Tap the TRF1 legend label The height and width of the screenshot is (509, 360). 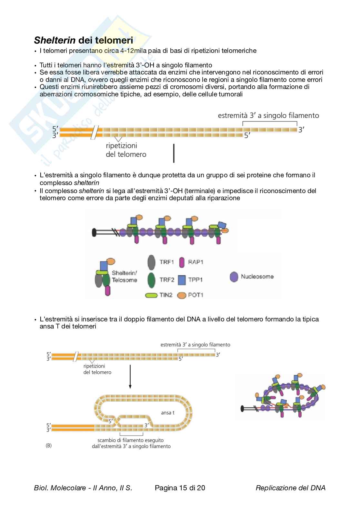(x=166, y=262)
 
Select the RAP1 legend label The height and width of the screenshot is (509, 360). (x=195, y=262)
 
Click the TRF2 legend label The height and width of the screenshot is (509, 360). (x=166, y=280)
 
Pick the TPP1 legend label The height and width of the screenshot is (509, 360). (x=195, y=280)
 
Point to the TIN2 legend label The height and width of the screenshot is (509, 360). (x=166, y=295)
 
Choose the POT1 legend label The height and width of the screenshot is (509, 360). (x=195, y=295)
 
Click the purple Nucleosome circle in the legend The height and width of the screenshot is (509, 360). (x=234, y=277)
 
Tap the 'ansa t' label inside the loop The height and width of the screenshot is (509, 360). (x=168, y=412)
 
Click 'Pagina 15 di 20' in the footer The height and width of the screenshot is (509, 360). (x=180, y=488)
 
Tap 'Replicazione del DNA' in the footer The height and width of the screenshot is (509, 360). (x=290, y=488)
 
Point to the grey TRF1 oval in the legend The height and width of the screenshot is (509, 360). (x=151, y=262)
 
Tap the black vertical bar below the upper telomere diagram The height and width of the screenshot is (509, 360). (x=174, y=153)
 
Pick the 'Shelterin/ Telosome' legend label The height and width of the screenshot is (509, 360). (x=125, y=276)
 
